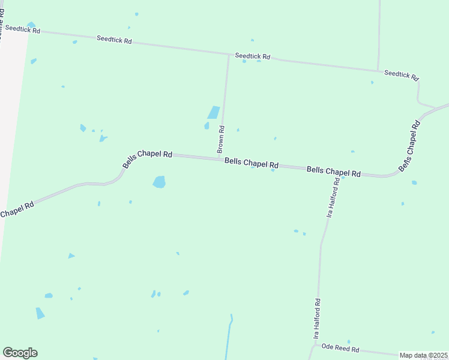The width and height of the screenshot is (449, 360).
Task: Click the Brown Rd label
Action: (x=221, y=138)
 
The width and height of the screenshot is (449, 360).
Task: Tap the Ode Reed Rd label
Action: (x=340, y=348)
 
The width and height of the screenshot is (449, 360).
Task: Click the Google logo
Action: (x=20, y=353)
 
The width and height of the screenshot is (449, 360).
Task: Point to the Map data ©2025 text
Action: (x=423, y=355)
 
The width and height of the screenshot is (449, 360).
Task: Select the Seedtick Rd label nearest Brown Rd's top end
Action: (x=252, y=56)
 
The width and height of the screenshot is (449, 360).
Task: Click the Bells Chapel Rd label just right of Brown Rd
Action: (x=252, y=163)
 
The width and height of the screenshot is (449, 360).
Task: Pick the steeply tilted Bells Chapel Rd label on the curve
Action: (x=408, y=145)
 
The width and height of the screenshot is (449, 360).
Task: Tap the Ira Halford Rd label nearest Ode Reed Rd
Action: (x=316, y=319)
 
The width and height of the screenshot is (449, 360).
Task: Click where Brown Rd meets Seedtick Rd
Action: (x=229, y=55)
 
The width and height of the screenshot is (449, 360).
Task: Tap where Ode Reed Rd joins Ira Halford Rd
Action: (x=316, y=345)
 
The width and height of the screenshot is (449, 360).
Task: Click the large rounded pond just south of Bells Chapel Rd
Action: (x=159, y=182)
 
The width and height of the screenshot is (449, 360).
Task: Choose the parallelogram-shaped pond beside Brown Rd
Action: (x=213, y=113)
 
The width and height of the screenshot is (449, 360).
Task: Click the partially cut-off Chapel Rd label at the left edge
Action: (x=17, y=209)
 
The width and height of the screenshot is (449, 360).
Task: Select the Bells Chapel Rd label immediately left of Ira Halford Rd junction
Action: (x=333, y=171)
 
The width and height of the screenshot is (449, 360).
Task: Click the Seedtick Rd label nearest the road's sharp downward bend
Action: (x=401, y=76)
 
